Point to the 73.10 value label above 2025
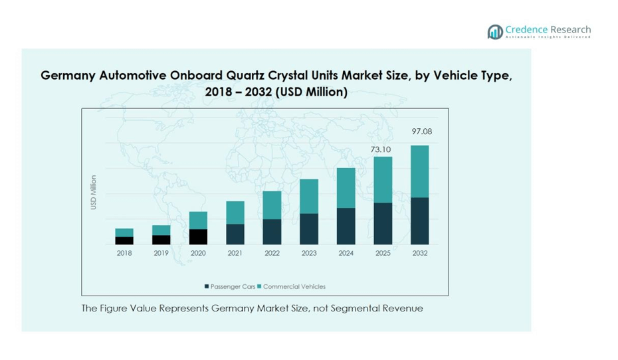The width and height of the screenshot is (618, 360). (381, 149)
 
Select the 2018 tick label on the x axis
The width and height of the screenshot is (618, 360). (124, 254)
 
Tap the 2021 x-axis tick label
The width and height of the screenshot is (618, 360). (235, 254)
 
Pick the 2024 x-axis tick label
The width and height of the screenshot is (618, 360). (346, 254)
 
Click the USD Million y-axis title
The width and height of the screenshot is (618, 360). (94, 193)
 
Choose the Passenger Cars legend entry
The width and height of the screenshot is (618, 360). (229, 287)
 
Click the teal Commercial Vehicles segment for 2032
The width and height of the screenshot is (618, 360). (419, 171)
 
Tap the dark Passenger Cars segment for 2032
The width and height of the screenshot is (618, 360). (419, 221)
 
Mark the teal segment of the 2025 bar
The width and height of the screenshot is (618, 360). (382, 179)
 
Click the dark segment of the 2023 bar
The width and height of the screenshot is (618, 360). (308, 229)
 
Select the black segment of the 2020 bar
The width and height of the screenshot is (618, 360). (198, 237)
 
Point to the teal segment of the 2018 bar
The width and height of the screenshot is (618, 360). (124, 232)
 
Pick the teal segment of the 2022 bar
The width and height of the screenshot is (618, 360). (272, 205)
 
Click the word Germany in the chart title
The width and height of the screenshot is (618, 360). (68, 76)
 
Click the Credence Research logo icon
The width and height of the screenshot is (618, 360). (495, 32)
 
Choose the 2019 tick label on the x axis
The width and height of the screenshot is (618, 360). (161, 254)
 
